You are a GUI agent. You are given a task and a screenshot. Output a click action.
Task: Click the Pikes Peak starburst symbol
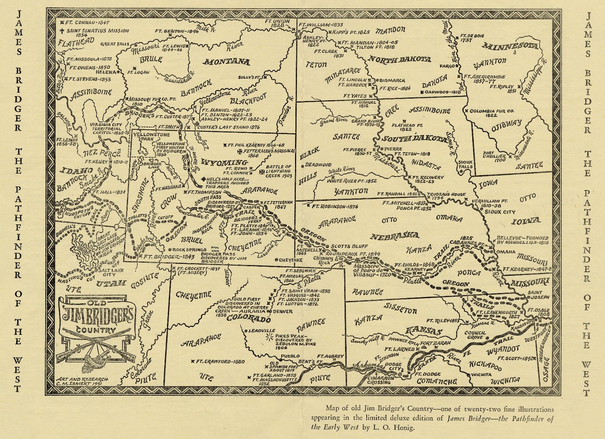pos(270,336)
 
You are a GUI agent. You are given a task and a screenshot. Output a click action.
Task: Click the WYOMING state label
pos(224,163)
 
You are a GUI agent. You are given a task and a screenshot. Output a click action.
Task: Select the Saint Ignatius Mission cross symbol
pos(62,30)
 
